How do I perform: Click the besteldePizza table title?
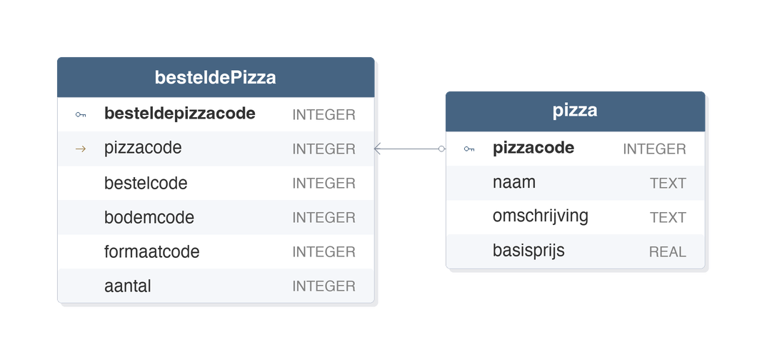(215, 77)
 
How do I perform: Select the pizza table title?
(575, 110)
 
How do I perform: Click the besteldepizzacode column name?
(180, 113)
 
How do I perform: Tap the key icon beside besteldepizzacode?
(81, 115)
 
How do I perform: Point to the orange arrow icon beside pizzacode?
(81, 149)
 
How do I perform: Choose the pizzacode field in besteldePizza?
(143, 148)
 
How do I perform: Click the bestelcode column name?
(146, 183)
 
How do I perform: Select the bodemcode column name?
(149, 217)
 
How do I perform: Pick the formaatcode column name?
(151, 251)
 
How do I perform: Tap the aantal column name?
(128, 286)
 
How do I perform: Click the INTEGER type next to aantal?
(324, 286)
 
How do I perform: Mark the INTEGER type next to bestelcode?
(324, 183)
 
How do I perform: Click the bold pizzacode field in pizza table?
(533, 148)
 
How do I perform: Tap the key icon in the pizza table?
(469, 149)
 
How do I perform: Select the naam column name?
(514, 182)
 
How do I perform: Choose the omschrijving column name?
(541, 216)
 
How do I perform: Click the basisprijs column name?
(528, 250)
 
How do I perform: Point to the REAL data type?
(668, 251)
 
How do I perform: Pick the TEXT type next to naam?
(668, 183)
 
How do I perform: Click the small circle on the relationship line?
(442, 149)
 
